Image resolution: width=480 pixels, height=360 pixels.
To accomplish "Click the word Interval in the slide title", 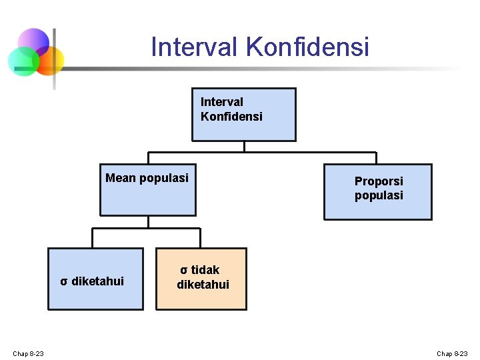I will (x=195, y=47).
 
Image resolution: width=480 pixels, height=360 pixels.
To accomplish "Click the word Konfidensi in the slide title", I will (x=307, y=47).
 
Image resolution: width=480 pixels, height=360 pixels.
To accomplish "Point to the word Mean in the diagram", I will (x=121, y=178).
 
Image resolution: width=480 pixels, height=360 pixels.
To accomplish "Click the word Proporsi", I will (x=379, y=181).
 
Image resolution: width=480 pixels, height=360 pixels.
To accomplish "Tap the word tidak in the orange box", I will (x=205, y=270).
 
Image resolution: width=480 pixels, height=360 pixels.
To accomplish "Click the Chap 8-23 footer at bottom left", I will (x=28, y=353).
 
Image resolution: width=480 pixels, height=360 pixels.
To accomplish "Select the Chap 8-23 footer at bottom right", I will (x=452, y=353).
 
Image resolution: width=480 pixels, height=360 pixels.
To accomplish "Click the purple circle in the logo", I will (x=33, y=43).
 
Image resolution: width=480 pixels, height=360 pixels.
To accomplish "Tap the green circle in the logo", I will (x=23, y=62).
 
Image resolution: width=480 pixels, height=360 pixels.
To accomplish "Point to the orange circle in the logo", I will (x=49, y=61).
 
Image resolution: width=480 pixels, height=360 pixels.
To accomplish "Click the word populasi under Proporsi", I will (x=379, y=196).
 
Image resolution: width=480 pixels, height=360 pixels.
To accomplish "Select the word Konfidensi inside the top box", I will (x=231, y=117).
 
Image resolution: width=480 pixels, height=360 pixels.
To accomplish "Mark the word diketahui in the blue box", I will (x=97, y=281).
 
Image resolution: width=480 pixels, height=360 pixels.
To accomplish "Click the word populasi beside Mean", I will (x=164, y=178).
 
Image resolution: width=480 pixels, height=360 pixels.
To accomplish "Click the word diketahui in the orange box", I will (x=203, y=285).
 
